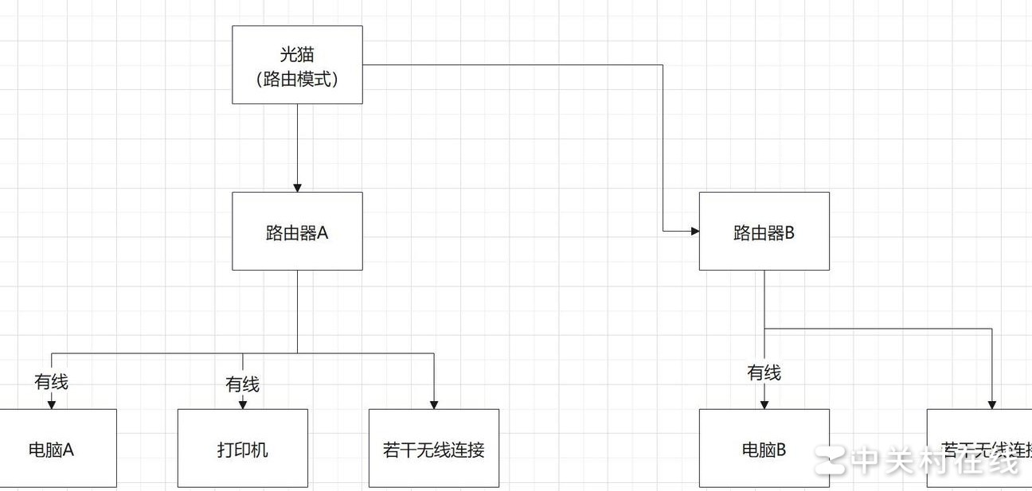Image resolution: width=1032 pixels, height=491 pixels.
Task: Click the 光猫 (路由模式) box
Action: pos(297,64)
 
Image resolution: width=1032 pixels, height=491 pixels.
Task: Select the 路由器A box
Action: pos(297,231)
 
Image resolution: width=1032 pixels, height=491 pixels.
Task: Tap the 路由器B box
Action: pos(764,231)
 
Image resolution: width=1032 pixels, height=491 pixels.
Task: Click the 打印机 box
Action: pos(242,448)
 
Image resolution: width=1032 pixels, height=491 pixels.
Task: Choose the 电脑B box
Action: pos(764,448)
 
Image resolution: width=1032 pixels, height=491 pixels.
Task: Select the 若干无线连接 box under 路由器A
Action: pos(434,448)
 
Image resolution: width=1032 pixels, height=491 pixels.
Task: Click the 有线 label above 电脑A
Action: pos(52,382)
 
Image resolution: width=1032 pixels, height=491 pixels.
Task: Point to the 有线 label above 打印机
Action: pos(242,385)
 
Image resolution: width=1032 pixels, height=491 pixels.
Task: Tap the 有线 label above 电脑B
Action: pos(764,372)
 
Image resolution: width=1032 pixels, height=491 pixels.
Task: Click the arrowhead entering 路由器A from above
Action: pos(297,187)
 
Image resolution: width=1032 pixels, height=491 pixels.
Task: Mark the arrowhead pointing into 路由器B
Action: pos(694,231)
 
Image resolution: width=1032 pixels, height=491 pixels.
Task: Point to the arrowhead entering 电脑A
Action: pos(52,404)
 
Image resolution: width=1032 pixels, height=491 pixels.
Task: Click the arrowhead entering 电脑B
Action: pos(764,404)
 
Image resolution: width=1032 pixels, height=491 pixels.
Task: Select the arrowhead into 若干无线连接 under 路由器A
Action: pos(434,404)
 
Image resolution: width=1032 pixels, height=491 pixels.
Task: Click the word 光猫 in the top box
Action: pos(297,55)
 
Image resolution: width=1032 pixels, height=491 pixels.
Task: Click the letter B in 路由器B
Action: pos(790,232)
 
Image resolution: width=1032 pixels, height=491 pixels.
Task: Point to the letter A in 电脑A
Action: pos(68,450)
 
